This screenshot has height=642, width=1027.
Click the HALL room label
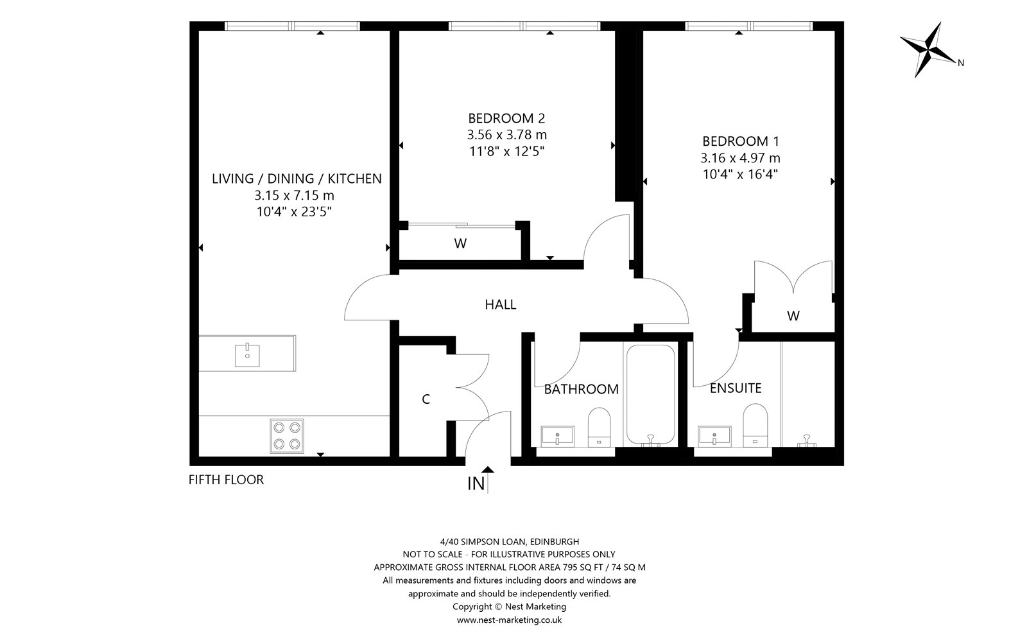tap(500, 304)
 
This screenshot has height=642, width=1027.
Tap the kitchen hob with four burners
tap(286, 436)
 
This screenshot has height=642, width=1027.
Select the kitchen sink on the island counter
tap(247, 355)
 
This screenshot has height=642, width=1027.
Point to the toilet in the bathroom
tap(600, 427)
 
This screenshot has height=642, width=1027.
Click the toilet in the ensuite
tap(755, 425)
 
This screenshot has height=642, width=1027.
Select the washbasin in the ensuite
tap(714, 436)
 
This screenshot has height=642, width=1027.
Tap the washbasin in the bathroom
tap(558, 436)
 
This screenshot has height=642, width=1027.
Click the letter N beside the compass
tap(961, 64)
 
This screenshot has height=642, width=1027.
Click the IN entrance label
tap(476, 483)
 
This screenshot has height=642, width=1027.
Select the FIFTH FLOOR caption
tap(226, 480)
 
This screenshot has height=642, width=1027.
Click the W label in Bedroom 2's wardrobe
tap(460, 243)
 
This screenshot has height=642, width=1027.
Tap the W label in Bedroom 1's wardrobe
tap(793, 316)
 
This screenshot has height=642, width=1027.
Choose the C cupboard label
tap(426, 399)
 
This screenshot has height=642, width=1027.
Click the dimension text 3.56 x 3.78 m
tap(507, 135)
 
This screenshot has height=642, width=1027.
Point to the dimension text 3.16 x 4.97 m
tap(741, 158)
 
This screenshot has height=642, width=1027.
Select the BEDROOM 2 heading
tap(506, 118)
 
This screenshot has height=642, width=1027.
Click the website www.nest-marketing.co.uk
tap(510, 620)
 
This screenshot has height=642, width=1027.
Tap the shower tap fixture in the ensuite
tap(806, 440)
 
